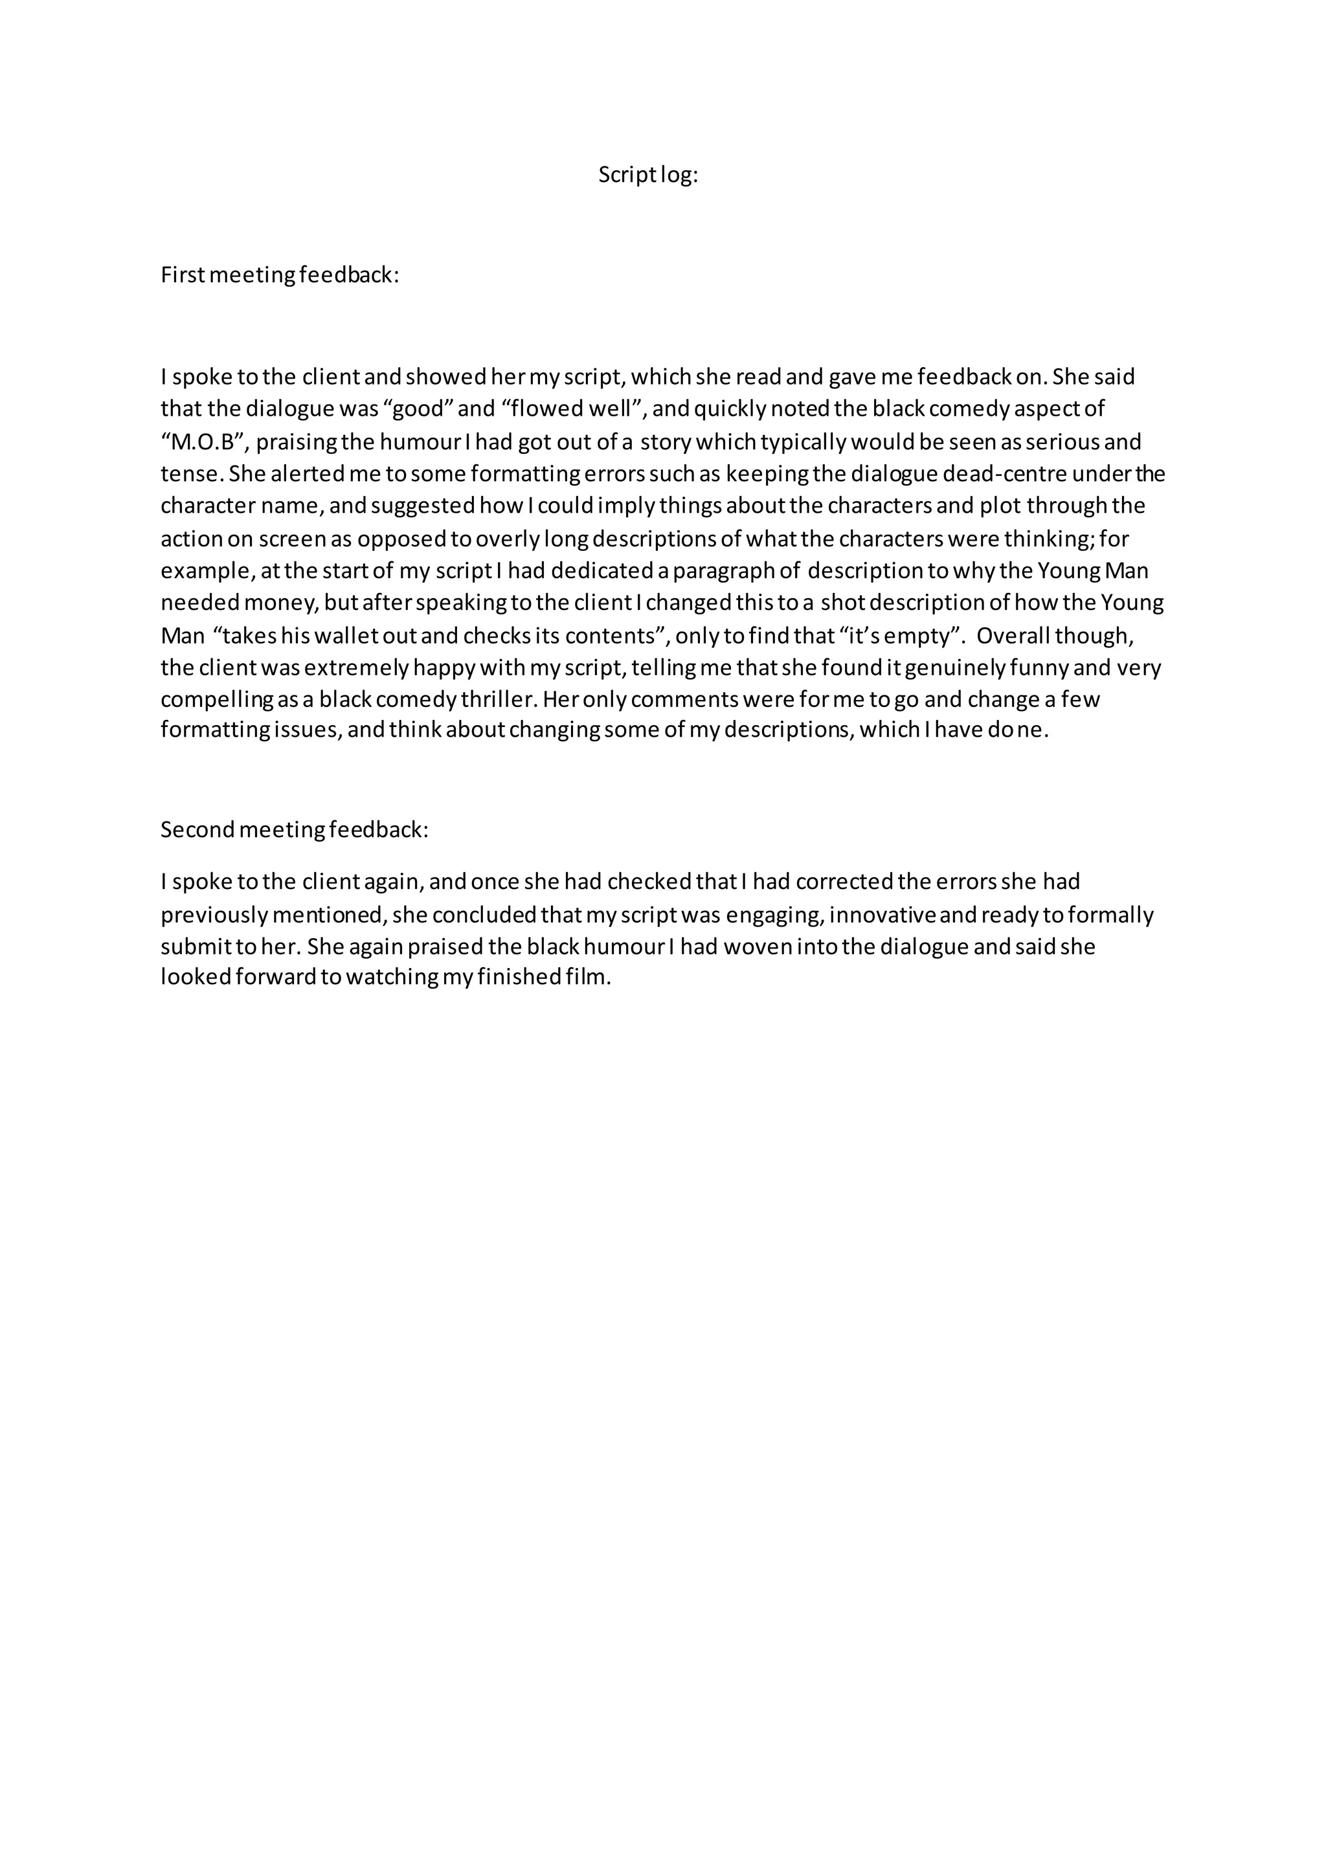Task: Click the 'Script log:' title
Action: (648, 175)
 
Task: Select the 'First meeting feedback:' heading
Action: (279, 275)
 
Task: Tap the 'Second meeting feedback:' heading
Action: (294, 830)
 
